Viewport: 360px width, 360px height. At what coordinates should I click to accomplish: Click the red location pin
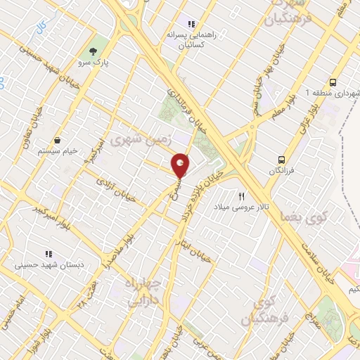pos(180,165)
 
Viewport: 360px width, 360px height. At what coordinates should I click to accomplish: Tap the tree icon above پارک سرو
pos(92,51)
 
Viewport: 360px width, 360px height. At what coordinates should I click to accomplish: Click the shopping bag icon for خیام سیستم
pos(57,140)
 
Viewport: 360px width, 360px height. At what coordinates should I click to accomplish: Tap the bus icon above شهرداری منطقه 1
pos(332,81)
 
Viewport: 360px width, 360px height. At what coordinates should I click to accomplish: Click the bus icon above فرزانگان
pos(281,160)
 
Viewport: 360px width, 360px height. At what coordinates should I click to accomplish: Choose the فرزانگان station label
pos(281,171)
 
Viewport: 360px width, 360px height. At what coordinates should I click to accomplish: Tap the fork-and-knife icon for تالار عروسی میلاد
pos(241,197)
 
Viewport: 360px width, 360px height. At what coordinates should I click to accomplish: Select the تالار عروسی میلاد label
pos(242,209)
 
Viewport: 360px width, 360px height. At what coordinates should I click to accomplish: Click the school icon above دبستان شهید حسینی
pos(48,254)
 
